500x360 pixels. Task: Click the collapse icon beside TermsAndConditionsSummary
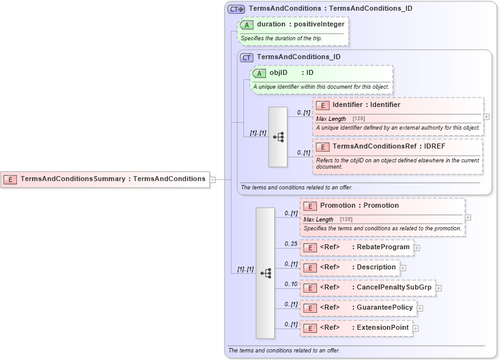(x=213, y=179)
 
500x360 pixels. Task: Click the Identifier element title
(x=366, y=105)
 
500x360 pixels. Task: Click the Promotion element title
(x=359, y=206)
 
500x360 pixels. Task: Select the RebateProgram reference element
(x=357, y=247)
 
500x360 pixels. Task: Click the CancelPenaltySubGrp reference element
(x=367, y=288)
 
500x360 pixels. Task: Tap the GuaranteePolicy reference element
(x=358, y=308)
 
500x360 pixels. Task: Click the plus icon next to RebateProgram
(x=417, y=248)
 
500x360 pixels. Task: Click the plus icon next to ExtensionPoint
(x=416, y=329)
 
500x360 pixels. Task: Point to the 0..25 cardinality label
(x=291, y=244)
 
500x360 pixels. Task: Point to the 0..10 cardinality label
(x=291, y=284)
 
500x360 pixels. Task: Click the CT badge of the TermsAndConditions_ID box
(x=247, y=57)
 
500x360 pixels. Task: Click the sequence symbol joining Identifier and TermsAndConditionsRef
(x=278, y=137)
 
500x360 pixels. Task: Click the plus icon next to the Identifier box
(x=487, y=116)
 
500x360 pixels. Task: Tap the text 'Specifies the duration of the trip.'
(x=281, y=38)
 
